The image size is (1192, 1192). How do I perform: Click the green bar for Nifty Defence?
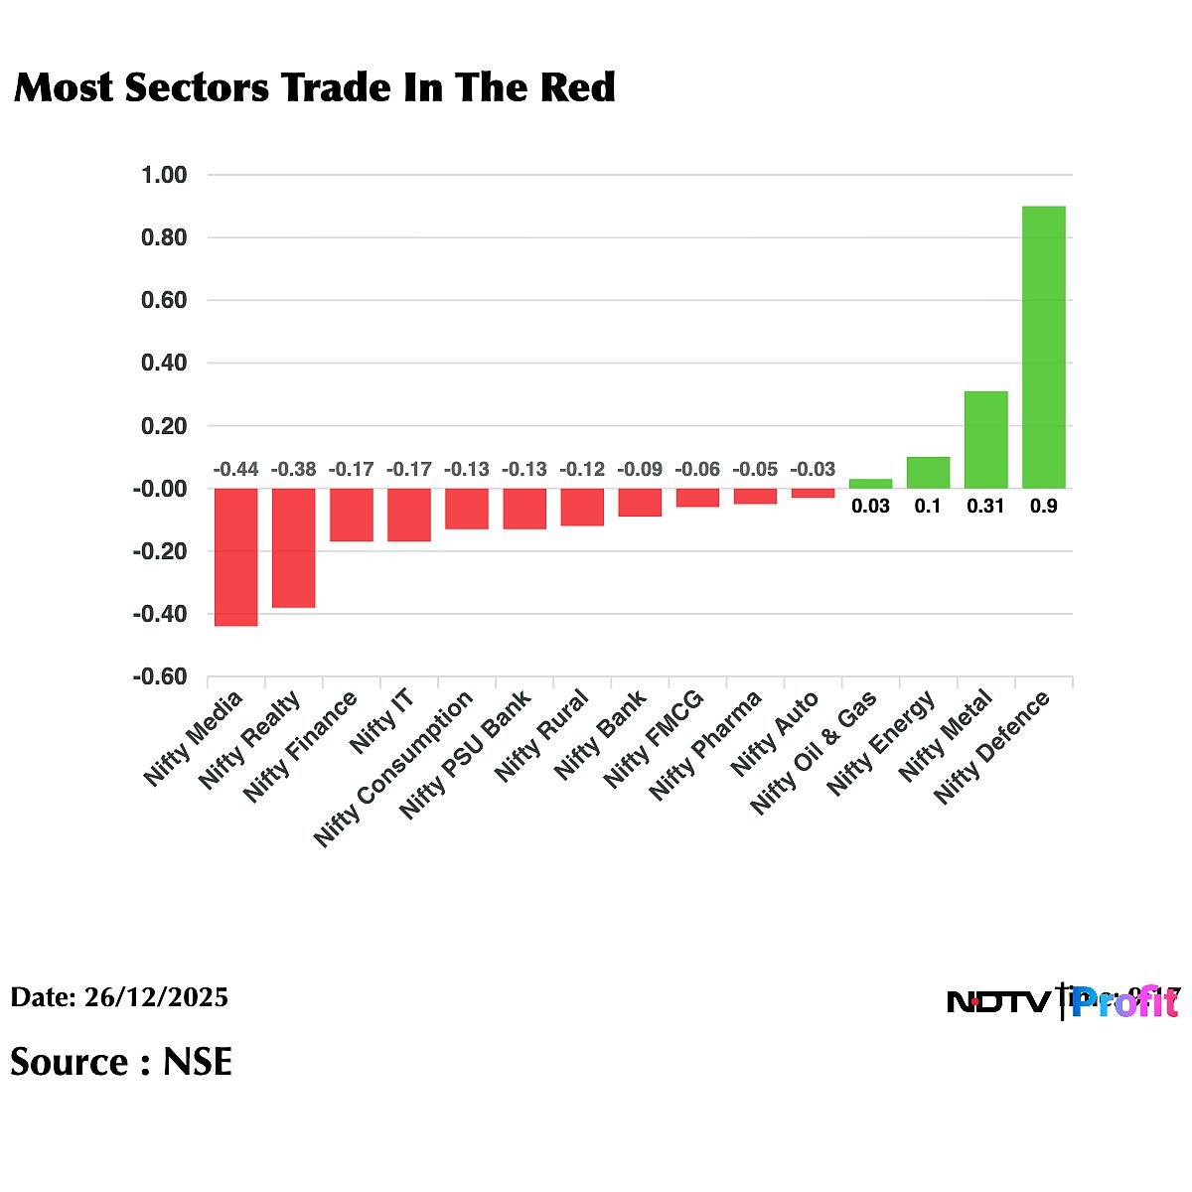tap(1043, 347)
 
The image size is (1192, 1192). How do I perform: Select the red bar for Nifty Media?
tap(236, 556)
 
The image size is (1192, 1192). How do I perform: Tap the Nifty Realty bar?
tap(294, 547)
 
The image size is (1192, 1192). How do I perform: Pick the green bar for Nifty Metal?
tap(985, 439)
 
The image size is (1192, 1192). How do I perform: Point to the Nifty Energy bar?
tap(928, 473)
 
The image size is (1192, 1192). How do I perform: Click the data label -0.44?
tap(236, 469)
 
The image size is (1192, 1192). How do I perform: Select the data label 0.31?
tap(985, 507)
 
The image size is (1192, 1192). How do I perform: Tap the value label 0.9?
tap(1043, 507)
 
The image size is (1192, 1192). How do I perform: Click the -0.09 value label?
tap(640, 469)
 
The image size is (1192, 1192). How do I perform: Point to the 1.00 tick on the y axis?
tap(164, 175)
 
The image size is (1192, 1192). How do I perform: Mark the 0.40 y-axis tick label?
tap(164, 364)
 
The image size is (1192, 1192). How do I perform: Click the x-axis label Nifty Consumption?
tap(395, 769)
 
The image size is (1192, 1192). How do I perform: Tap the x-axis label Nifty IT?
tap(381, 720)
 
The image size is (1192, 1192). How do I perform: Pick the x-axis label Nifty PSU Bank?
tap(465, 755)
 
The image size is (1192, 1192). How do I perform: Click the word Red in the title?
tap(577, 87)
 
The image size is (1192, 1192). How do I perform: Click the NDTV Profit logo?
tap(1063, 1001)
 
